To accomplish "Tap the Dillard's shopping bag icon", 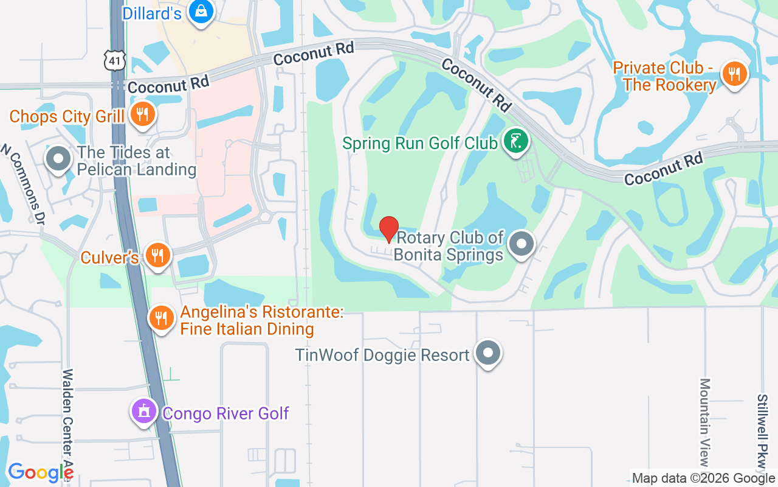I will (x=199, y=11).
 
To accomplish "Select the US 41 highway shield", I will (x=114, y=60).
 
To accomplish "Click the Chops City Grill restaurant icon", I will (x=142, y=114).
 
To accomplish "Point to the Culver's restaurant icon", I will (x=157, y=256).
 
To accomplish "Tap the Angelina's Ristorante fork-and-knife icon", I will (x=161, y=318).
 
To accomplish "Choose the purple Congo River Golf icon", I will (x=144, y=412).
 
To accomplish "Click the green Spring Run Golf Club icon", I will (x=516, y=142).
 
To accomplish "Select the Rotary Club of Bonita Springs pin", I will (x=521, y=244).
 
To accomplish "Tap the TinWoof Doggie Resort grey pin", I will (x=487, y=353).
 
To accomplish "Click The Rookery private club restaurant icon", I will (x=734, y=74).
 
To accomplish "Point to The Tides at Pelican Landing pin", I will (x=58, y=159).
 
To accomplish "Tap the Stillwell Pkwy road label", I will (x=762, y=432).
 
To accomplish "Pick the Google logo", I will (x=41, y=473).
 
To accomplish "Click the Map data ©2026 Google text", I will (x=704, y=478).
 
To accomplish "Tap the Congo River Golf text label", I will (x=225, y=414).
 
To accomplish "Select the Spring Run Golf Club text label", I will (x=420, y=144).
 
